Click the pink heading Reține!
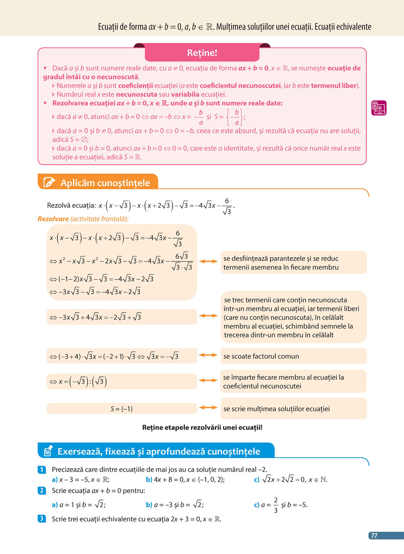(202, 53)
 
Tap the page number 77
(374, 535)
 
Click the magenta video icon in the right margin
(379, 108)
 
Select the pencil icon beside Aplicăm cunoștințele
(49, 182)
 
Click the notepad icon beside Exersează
(48, 451)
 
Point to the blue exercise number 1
(42, 469)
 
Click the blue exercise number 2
(42, 491)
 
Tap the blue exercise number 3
(42, 518)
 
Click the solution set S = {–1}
(122, 409)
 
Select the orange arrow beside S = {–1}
(208, 408)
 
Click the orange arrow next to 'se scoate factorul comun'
(208, 355)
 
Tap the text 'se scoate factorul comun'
(261, 356)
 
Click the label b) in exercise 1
(149, 480)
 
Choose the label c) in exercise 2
(257, 505)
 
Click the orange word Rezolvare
(53, 219)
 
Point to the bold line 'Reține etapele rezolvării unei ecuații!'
(202, 427)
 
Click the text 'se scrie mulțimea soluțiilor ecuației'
(276, 409)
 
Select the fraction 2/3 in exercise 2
(276, 505)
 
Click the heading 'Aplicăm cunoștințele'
(105, 183)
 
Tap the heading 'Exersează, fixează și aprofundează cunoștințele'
(159, 451)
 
